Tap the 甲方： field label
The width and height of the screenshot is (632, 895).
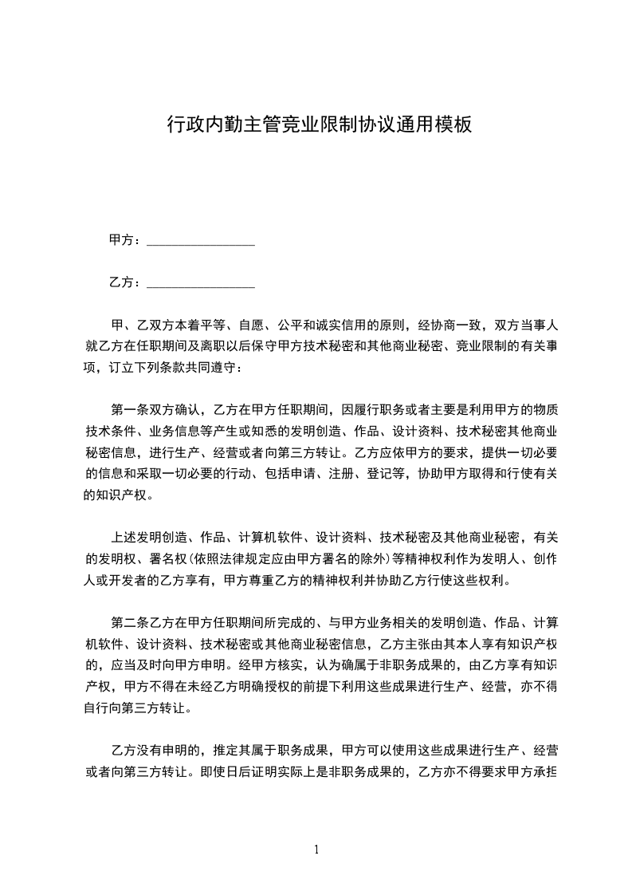tap(125, 240)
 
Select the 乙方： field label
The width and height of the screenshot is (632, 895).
tap(125, 282)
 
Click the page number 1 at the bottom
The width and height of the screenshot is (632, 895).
tap(316, 850)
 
